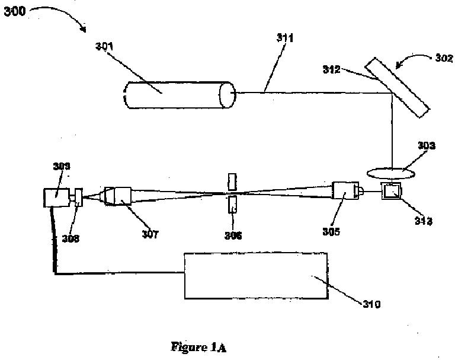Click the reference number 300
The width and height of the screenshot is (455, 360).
click(14, 11)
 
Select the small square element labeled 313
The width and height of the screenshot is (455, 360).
click(392, 191)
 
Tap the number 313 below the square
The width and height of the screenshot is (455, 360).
click(423, 221)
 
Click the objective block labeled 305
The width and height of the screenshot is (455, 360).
click(347, 191)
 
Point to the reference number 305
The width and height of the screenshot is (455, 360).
click(331, 232)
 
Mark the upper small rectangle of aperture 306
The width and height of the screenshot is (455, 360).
click(232, 181)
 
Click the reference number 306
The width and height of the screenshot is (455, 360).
click(233, 235)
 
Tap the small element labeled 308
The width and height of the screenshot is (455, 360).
click(79, 197)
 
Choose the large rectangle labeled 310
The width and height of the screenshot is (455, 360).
click(254, 275)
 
